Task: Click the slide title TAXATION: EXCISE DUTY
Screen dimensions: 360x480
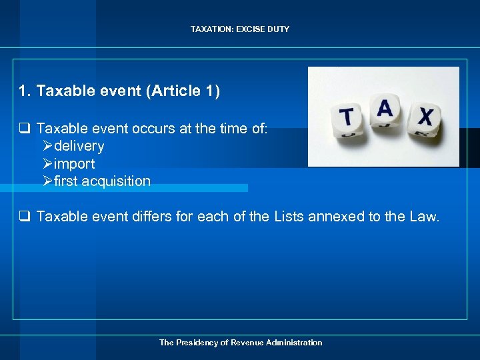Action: pyautogui.click(x=240, y=29)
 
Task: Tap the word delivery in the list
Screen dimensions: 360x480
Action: pyautogui.click(x=79, y=146)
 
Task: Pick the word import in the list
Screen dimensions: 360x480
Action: pyautogui.click(x=74, y=164)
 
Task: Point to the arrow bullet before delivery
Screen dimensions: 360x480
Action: pyautogui.click(x=47, y=146)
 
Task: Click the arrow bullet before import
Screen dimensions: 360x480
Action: pyautogui.click(x=47, y=164)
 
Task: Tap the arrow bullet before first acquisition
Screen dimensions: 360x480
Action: pyautogui.click(x=47, y=181)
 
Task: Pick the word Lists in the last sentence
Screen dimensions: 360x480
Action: pyautogui.click(x=291, y=216)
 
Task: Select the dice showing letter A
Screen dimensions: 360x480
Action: pyautogui.click(x=385, y=110)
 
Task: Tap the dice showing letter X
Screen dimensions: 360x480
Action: pyautogui.click(x=425, y=118)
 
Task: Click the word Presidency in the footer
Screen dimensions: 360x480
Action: pyautogui.click(x=197, y=343)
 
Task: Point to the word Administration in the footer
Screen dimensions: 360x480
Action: pyautogui.click(x=294, y=343)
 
